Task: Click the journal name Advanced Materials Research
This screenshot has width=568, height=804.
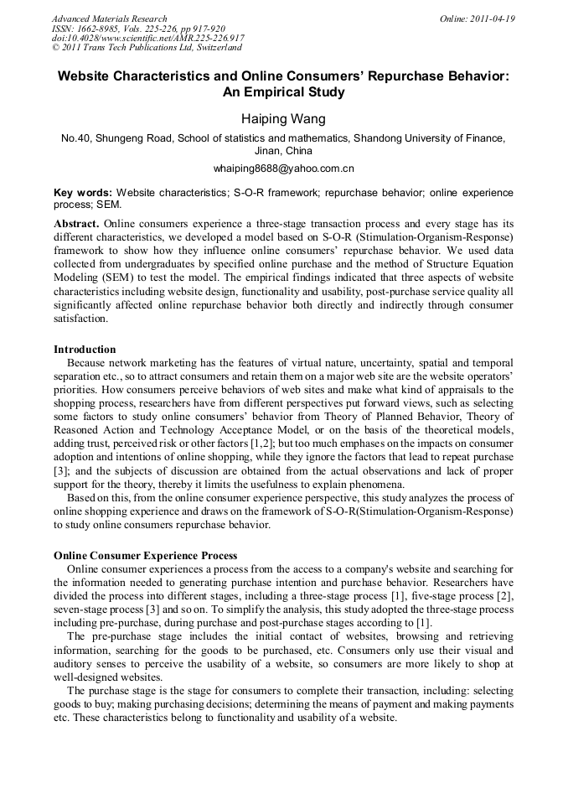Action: [x=109, y=18]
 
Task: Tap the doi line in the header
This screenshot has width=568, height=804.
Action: [x=148, y=39]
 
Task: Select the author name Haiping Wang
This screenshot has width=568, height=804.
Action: [x=283, y=119]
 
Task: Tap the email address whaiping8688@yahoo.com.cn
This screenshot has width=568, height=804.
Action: [x=283, y=169]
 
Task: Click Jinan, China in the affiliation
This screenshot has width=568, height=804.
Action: [x=283, y=151]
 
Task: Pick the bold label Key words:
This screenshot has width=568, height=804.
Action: [x=83, y=192]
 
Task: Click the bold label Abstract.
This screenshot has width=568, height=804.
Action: [x=76, y=224]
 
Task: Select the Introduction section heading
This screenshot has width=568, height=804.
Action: [x=85, y=349]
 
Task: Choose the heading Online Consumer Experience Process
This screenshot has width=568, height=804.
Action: [x=145, y=555]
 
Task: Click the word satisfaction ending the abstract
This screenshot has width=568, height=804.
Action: [x=80, y=319]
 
